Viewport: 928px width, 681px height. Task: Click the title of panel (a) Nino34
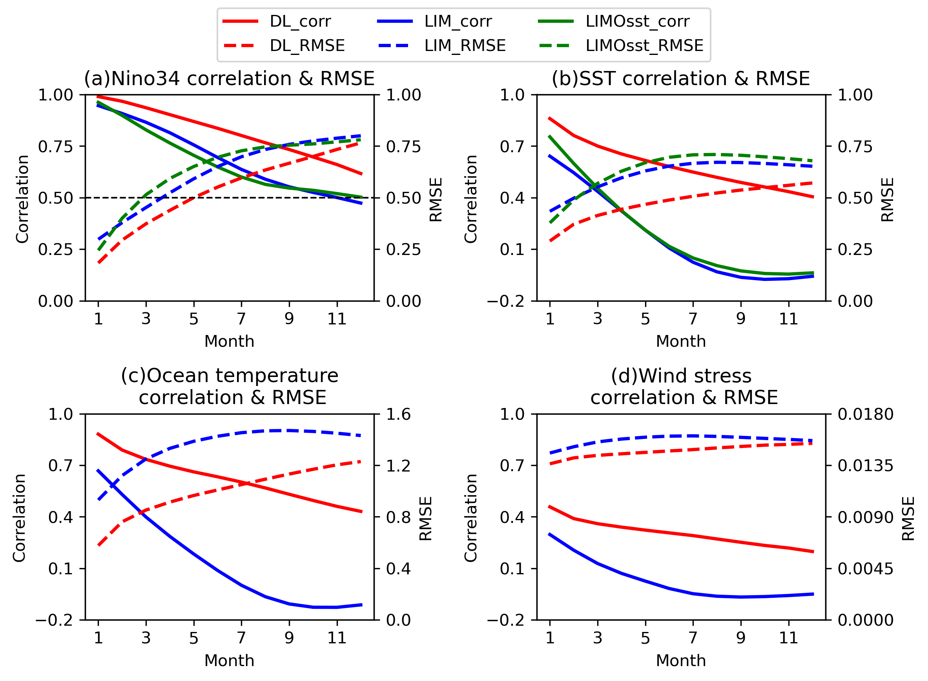(x=229, y=78)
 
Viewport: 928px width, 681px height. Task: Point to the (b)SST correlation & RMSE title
(x=681, y=78)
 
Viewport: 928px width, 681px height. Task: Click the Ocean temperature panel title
(x=229, y=386)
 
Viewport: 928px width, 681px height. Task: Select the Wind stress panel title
(x=681, y=386)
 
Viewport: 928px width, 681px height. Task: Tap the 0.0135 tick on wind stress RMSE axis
(x=865, y=466)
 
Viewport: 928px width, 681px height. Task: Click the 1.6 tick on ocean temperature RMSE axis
(x=398, y=414)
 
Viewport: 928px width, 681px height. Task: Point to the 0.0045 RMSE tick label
(x=865, y=569)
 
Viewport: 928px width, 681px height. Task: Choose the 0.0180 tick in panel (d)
(x=865, y=414)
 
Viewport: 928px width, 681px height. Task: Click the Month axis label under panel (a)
(x=229, y=341)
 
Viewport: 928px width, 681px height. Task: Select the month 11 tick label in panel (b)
(x=788, y=319)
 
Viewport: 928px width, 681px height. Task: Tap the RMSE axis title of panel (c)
(x=425, y=518)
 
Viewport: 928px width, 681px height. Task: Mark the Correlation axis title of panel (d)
(x=470, y=518)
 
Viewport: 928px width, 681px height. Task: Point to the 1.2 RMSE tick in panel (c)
(x=398, y=466)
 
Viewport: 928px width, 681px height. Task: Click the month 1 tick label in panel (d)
(x=550, y=638)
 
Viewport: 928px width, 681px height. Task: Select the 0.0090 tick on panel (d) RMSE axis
(x=865, y=517)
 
